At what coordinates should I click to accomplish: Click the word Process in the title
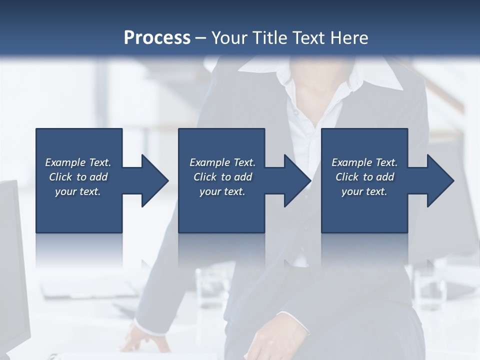157,37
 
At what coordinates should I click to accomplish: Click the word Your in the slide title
228,37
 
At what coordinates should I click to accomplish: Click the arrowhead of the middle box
297,180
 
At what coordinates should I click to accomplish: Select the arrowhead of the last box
440,180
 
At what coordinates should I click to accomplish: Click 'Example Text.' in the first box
78,162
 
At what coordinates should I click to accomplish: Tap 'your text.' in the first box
78,191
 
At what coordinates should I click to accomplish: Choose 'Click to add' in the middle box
222,177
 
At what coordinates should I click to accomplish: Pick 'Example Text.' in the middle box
222,162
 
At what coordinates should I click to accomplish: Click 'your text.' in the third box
364,191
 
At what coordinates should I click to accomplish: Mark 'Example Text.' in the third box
364,162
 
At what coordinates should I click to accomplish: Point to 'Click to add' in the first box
78,177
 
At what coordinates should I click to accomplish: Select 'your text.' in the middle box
222,191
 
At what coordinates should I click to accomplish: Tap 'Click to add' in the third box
364,177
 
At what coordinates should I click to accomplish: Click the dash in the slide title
200,38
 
